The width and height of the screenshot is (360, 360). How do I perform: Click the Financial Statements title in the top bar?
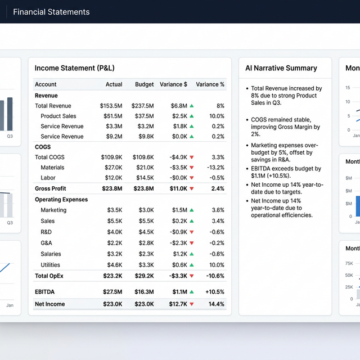click(51, 12)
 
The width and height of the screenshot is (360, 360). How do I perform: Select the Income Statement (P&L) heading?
click(74, 68)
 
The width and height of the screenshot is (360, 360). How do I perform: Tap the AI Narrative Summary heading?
click(281, 68)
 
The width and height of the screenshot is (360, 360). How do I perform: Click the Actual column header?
click(114, 84)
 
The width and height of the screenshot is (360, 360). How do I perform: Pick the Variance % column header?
click(210, 84)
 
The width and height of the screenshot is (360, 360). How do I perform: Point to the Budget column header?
click(145, 84)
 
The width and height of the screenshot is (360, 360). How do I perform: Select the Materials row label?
click(52, 168)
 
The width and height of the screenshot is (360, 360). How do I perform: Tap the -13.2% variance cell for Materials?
click(214, 168)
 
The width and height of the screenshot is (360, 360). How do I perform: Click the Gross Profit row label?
click(50, 189)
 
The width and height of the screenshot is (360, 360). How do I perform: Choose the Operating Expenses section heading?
click(61, 200)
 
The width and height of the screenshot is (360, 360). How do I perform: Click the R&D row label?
click(46, 232)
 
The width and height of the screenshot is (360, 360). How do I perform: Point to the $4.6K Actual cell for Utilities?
click(115, 265)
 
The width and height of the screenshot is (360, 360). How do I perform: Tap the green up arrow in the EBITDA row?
click(192, 292)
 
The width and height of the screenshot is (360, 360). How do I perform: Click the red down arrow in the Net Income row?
click(192, 304)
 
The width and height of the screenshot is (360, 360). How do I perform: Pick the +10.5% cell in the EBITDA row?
click(214, 292)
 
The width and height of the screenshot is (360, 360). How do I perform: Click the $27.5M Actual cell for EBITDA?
click(112, 292)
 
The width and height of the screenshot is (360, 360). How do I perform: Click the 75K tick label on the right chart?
click(349, 263)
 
